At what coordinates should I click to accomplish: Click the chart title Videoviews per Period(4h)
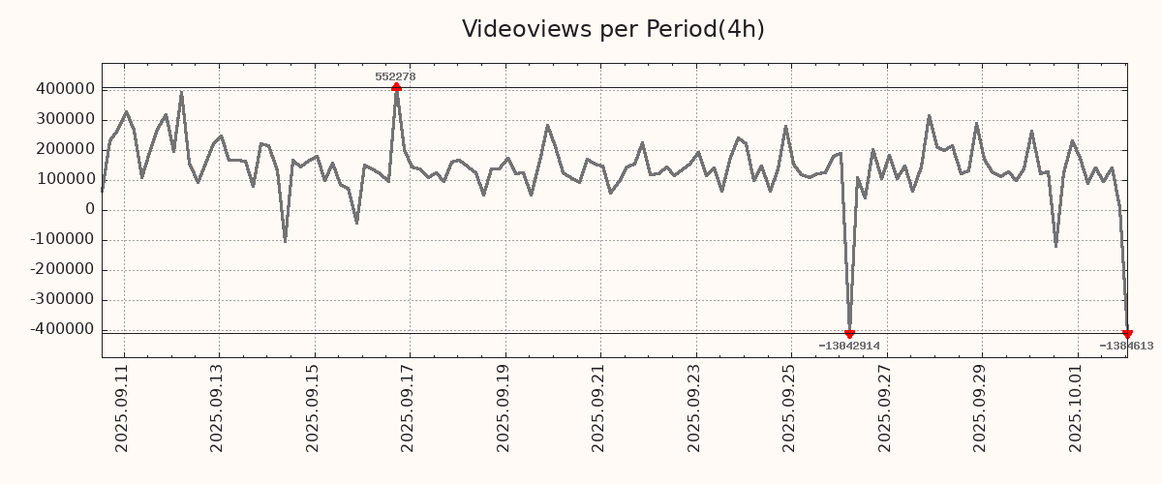tap(613, 29)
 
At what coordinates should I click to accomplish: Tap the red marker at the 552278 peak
tap(396, 88)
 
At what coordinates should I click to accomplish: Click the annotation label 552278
tap(395, 76)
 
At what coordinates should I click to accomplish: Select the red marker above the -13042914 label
tap(849, 334)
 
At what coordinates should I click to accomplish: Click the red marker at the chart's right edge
tap(1127, 334)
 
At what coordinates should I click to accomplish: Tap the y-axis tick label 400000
tap(64, 89)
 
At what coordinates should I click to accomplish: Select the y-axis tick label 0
tap(90, 210)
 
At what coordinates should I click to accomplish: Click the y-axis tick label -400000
tap(61, 330)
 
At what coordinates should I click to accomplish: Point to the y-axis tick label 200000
tap(64, 149)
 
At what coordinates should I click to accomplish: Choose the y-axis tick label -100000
tap(61, 240)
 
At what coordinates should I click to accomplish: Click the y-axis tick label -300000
tap(61, 300)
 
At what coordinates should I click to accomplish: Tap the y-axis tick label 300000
tap(64, 119)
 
